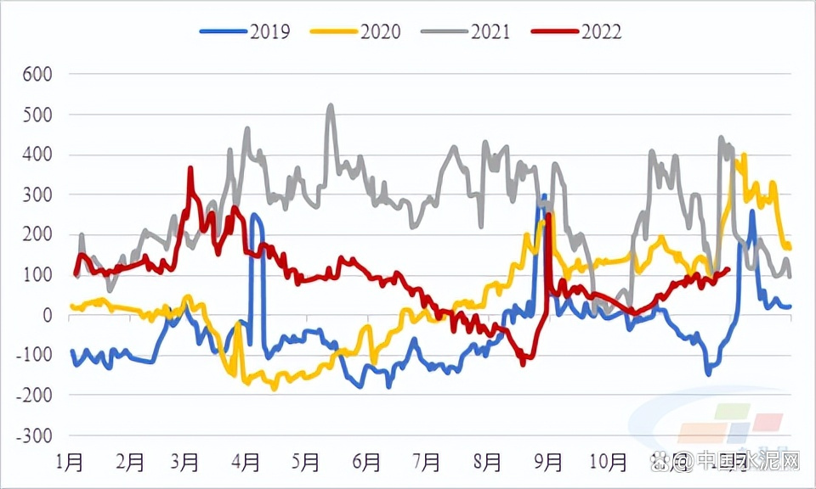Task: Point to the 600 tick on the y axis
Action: [x=37, y=74]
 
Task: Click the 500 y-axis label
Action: [x=37, y=114]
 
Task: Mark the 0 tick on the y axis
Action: [x=47, y=315]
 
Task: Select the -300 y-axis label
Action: [x=34, y=436]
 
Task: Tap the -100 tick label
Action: [x=34, y=355]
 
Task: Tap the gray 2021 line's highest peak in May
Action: [x=330, y=106]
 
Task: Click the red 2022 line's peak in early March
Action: [x=190, y=168]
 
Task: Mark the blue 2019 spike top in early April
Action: [x=254, y=215]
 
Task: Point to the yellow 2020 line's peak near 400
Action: [x=745, y=155]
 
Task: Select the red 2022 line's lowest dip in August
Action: [x=523, y=364]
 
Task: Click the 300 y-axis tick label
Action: [x=37, y=194]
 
